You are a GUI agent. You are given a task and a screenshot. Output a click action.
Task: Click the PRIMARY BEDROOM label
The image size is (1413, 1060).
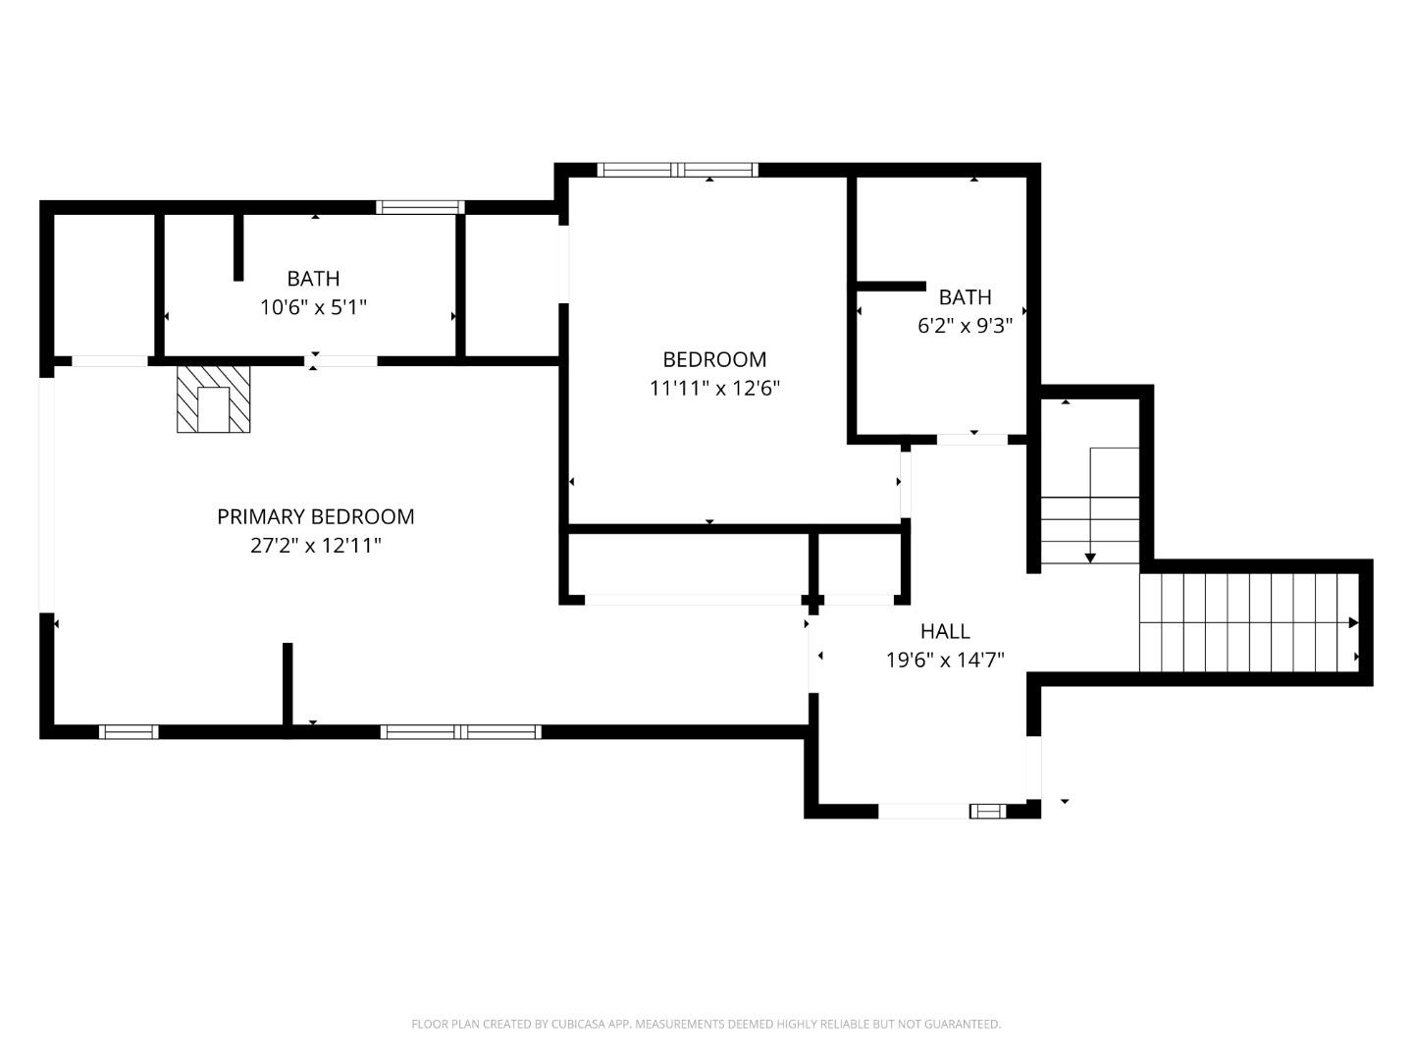315,516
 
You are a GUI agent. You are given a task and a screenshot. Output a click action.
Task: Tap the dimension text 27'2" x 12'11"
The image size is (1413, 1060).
315,546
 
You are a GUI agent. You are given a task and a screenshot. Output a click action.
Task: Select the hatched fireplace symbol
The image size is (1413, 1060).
213,398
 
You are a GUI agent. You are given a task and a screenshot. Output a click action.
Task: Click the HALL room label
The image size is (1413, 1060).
945,631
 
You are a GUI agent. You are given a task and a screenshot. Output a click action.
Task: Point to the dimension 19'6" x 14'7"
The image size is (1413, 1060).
945,661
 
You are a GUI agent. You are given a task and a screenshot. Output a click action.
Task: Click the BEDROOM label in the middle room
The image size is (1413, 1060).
714,359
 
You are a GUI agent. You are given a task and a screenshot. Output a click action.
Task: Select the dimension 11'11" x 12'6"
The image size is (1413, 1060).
714,389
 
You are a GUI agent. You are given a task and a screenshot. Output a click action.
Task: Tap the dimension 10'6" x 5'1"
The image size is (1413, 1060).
313,308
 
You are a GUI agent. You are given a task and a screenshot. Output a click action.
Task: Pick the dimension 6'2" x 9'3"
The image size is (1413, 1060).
965,326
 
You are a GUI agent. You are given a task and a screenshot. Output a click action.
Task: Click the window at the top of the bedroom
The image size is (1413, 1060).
677,170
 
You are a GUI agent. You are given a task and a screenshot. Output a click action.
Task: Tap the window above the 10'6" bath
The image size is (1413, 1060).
420,207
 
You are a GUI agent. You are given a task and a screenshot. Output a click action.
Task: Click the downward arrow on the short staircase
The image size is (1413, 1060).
1089,556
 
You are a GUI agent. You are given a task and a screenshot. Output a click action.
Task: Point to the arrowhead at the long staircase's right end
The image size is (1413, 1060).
1353,622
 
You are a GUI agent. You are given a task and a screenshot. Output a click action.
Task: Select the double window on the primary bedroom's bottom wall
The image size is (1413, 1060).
460,732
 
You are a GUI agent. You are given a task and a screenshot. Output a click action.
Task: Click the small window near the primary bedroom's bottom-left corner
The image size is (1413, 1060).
129,732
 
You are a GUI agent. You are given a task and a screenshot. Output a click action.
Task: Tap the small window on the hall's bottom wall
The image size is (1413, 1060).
987,811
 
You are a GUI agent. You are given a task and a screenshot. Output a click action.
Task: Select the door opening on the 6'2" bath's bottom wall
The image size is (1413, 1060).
971,439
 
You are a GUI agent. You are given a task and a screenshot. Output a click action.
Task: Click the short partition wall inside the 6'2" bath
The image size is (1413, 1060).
891,287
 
